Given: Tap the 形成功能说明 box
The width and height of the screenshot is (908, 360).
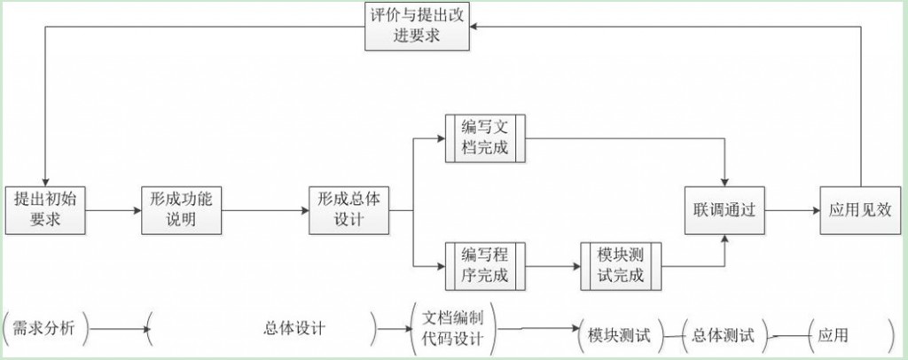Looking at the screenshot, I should click(182, 210).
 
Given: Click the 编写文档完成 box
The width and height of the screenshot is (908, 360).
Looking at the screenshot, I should click(485, 137).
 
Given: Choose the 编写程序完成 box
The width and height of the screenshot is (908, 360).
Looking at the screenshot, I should click(485, 265).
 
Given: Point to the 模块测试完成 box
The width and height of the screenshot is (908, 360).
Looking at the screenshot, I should click(621, 265).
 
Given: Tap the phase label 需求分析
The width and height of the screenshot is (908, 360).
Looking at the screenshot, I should click(44, 329).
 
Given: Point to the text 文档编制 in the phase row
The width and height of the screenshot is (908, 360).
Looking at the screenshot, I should click(451, 318).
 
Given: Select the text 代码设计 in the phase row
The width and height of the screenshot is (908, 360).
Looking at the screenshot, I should click(451, 340).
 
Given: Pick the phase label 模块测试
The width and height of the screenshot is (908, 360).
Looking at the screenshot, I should click(619, 336).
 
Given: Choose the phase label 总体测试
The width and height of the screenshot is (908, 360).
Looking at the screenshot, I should click(723, 336).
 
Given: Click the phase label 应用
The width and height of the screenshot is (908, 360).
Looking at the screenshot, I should click(833, 336).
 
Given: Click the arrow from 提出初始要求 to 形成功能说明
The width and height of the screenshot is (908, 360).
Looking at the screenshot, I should click(113, 211).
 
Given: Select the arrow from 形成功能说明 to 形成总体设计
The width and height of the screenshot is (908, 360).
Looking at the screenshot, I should click(265, 211).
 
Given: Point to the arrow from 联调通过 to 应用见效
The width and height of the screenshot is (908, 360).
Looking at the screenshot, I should click(793, 211).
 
